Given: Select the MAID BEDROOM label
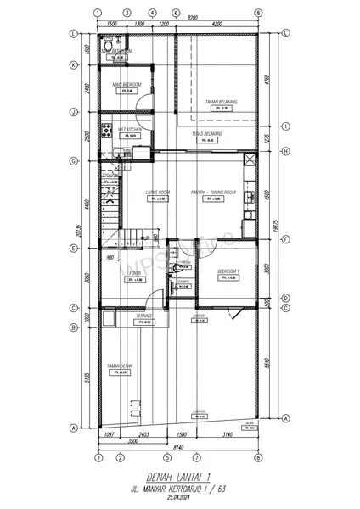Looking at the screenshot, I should click(x=127, y=85).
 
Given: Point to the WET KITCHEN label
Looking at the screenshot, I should click(x=127, y=129).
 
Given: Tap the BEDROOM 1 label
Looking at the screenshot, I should click(x=229, y=271).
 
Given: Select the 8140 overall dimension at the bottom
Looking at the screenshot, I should click(x=178, y=448).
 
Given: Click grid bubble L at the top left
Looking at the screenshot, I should click(x=75, y=33).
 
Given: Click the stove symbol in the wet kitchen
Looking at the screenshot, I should click(x=105, y=131).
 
